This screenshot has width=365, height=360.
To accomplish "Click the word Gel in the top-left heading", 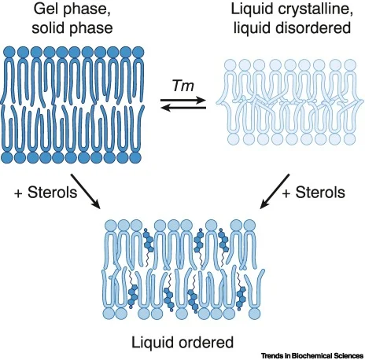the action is (x=46, y=9).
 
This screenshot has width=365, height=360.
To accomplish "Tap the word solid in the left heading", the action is (x=48, y=28).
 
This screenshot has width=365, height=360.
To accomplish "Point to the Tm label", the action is (x=183, y=86).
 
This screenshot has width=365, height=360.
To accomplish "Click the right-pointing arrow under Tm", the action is (x=183, y=100).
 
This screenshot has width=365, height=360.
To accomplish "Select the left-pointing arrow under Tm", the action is (x=183, y=108).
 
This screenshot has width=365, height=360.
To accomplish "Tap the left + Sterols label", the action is (x=46, y=193).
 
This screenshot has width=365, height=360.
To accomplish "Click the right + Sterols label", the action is (x=314, y=193).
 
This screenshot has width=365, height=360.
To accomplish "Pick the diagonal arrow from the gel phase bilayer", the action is (x=86, y=191).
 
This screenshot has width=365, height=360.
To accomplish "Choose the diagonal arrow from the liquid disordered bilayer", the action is (x=275, y=191).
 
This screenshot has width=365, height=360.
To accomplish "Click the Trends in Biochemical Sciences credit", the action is (x=312, y=356).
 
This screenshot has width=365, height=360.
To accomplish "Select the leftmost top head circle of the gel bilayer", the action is (x=9, y=52).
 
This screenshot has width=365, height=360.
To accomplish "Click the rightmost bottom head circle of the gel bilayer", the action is (x=135, y=158).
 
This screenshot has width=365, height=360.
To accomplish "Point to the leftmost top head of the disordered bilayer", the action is (x=230, y=64).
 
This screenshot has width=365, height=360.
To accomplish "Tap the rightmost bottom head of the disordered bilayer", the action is (x=350, y=139).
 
